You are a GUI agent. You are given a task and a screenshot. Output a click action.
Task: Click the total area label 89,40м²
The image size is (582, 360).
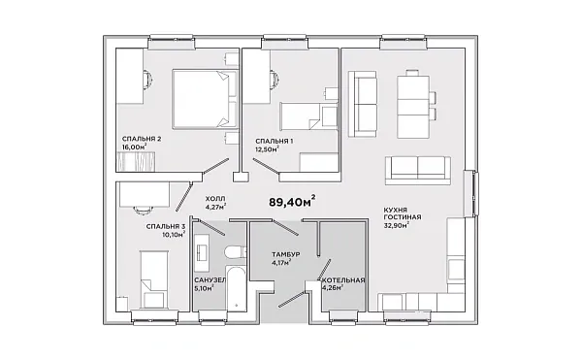tap(293, 201)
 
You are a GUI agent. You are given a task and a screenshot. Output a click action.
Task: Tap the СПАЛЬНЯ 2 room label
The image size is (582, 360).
tap(142, 139)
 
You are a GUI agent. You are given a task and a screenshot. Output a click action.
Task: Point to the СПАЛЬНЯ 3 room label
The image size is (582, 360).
tap(166, 226)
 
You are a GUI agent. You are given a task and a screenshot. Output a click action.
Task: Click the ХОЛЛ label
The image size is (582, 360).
tap(215, 199)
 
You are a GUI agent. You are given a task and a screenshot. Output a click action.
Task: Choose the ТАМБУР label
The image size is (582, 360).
tap(286, 254)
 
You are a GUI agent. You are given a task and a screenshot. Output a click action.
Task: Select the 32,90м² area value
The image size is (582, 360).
tap(397, 225)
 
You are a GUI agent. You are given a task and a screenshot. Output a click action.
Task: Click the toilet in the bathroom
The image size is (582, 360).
tap(235, 252)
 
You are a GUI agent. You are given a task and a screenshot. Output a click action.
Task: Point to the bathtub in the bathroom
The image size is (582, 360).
tap(236, 288)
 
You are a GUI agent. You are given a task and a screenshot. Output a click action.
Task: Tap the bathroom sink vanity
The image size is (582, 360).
tap(203, 247)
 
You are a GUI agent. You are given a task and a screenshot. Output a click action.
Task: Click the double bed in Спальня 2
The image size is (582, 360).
tap(206, 100)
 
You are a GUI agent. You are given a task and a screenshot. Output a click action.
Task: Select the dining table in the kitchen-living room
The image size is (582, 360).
tap(413, 107)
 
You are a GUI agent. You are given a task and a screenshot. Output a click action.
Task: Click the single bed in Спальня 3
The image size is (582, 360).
tap(153, 279)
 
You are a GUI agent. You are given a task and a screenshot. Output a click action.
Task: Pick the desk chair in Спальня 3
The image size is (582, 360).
tap(143, 210)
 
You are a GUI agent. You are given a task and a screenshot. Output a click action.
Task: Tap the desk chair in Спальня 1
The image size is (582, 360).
tap(275, 79)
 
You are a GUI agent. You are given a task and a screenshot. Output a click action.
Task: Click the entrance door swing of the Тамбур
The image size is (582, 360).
tap(291, 299)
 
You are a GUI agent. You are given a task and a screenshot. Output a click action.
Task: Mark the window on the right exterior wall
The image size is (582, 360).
tap(470, 193)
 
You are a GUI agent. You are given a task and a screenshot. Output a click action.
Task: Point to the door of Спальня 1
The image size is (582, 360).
tap(266, 166)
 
